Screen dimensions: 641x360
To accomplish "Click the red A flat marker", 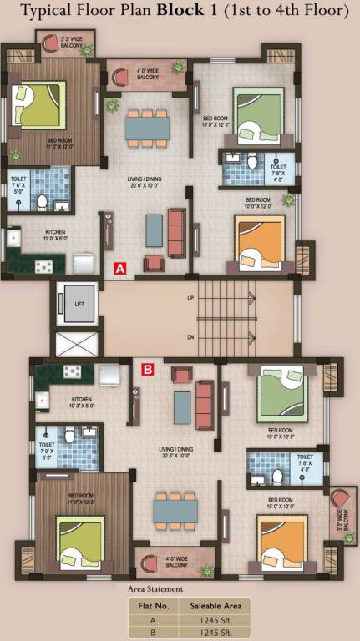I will click(119, 269).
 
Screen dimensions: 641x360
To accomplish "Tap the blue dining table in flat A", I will click(148, 126).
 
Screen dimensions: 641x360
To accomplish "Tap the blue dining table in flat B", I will click(175, 508).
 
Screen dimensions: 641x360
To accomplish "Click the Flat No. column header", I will click(153, 605).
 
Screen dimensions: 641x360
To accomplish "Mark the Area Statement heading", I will click(155, 589).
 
